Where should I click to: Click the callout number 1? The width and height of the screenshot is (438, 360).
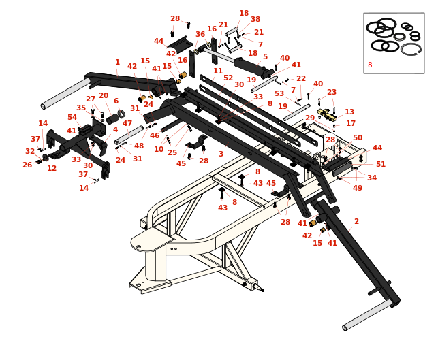(x=117, y=62)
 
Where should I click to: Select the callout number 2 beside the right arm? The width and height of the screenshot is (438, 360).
(x=356, y=221)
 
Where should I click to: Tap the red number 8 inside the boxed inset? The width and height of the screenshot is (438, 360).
(x=370, y=65)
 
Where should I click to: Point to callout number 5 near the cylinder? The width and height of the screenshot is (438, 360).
(x=265, y=56)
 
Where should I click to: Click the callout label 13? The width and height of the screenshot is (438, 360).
(x=349, y=112)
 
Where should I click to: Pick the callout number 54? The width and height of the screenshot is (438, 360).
(x=72, y=117)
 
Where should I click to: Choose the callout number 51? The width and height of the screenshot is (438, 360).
(x=381, y=164)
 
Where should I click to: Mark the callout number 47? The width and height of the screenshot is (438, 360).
(x=127, y=123)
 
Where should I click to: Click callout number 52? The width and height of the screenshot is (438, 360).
(x=228, y=78)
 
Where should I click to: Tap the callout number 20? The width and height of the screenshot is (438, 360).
(x=104, y=95)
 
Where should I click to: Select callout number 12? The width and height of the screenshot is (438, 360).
(x=52, y=168)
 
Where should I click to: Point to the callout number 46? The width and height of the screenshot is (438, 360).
(x=155, y=135)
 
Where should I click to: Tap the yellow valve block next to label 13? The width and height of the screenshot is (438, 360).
(x=326, y=114)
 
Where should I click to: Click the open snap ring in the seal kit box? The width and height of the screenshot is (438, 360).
(x=411, y=49)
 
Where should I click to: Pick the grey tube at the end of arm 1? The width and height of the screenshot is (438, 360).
(x=65, y=94)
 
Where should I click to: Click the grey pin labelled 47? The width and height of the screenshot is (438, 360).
(x=129, y=135)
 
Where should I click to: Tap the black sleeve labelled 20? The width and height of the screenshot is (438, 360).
(x=113, y=119)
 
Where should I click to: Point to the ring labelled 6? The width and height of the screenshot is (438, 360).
(x=121, y=114)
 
